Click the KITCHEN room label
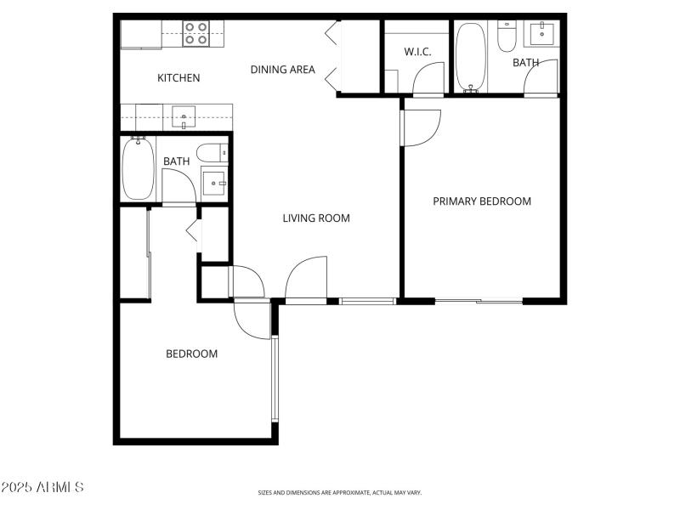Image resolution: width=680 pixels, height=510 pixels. coord(178,78)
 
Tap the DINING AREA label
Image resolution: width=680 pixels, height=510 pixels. coord(282,70)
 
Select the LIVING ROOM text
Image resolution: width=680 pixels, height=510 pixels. coord(316,218)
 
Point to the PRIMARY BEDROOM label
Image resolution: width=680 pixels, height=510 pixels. coord(482,201)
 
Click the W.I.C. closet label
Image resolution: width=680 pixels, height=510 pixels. coord(417,52)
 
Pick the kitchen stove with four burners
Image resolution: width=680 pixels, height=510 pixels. coord(196,33)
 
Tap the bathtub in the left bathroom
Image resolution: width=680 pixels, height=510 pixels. coord(138,168)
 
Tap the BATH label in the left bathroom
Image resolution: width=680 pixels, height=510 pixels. coord(177,161)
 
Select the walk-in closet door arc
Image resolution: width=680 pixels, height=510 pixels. coord(428,79)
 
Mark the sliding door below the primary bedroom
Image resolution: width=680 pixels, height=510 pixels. coord(479,300)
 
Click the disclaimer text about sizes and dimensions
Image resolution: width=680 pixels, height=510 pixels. coord(340,493)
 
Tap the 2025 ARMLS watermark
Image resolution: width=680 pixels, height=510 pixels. coord(42,487)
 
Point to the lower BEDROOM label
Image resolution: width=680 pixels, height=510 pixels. coord(191,354)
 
